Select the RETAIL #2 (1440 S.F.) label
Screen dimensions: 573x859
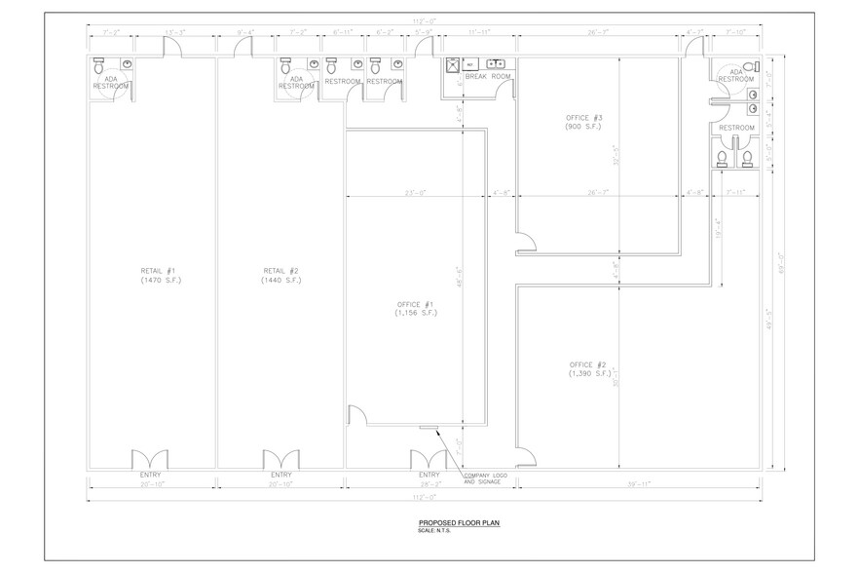280,275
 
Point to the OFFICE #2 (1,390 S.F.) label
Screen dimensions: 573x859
589,369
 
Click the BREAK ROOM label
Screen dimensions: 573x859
487,76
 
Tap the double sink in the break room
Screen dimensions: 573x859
494,63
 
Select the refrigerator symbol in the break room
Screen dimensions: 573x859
454,64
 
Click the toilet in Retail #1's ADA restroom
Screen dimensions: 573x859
97,66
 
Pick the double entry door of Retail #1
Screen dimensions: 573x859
149,459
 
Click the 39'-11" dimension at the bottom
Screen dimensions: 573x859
638,483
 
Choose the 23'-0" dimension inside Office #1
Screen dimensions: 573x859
415,193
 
